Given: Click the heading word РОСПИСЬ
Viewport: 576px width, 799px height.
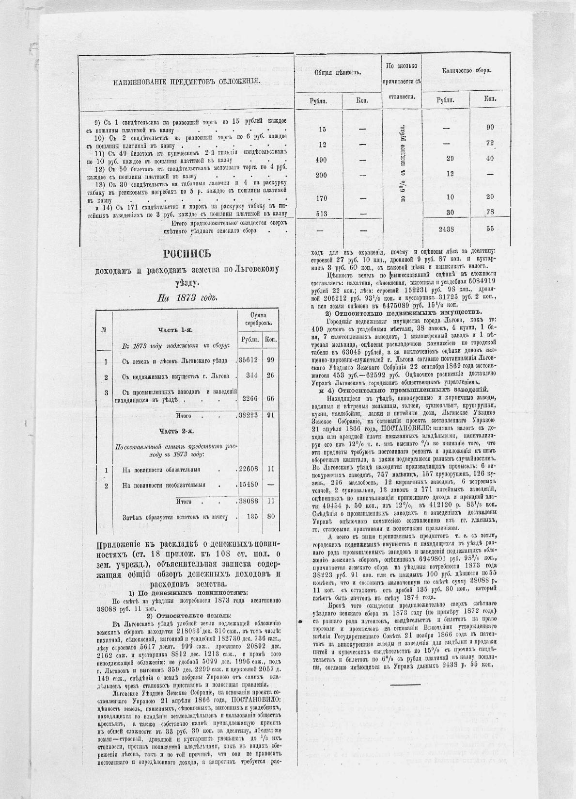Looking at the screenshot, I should click(187, 254).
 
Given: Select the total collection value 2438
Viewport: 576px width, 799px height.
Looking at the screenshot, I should click(446, 229).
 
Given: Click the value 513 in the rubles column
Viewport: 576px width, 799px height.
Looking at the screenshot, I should click(321, 212).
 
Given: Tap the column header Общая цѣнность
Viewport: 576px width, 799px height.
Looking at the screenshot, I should click(338, 72).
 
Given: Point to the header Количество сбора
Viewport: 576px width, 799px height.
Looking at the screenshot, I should click(467, 71).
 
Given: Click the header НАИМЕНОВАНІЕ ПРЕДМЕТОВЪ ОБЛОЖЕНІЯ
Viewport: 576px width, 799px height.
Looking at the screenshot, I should click(187, 82).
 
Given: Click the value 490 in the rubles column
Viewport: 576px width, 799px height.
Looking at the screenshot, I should click(321, 160).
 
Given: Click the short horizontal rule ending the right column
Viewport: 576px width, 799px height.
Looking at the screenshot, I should click(405, 685).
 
